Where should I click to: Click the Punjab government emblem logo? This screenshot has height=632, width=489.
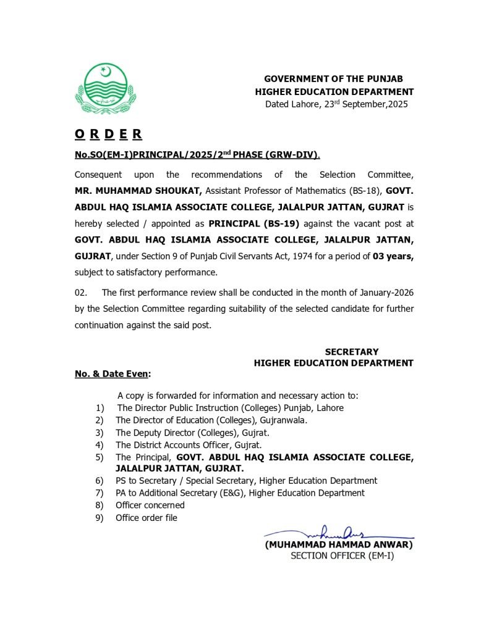coord(105,90)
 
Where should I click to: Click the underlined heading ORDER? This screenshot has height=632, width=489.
coord(108,134)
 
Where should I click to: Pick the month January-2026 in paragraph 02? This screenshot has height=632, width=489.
coord(381,293)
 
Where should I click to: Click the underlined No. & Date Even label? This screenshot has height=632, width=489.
coord(112,374)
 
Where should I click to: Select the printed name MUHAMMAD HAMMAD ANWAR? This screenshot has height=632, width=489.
coord(338,544)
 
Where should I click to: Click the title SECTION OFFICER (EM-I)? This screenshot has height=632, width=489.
coord(342,556)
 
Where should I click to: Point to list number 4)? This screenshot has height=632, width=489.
coord(100,444)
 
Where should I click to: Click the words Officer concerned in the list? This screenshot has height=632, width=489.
coord(150,505)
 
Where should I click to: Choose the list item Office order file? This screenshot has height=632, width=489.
coord(147,518)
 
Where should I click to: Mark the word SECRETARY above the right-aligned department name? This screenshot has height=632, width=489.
coord(352,352)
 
